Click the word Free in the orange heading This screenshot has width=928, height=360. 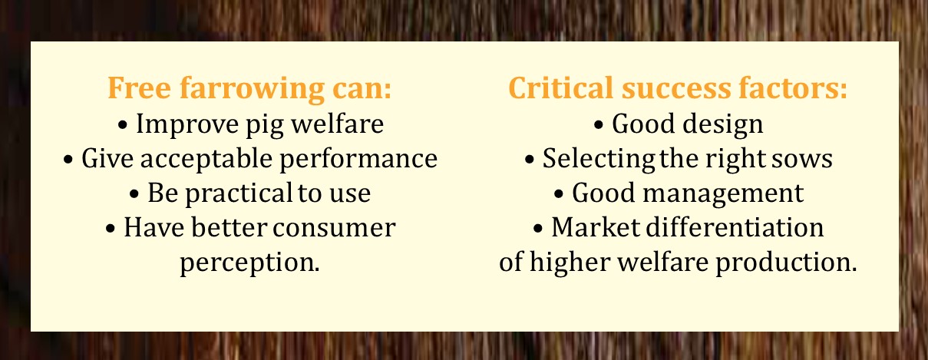tap(139, 88)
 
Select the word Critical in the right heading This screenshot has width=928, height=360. tap(560, 88)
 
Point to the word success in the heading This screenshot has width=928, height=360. tap(676, 88)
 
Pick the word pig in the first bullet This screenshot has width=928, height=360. tap(265, 125)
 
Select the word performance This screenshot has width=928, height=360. tap(358, 160)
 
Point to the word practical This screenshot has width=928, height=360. tap(239, 194)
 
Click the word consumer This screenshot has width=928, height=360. tap(334, 229)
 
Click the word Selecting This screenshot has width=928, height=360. tap(599, 160)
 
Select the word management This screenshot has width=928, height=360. tap(723, 194)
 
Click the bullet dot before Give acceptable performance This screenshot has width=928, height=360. tap(68, 160)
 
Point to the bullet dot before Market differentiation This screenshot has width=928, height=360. tap(538, 229)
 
